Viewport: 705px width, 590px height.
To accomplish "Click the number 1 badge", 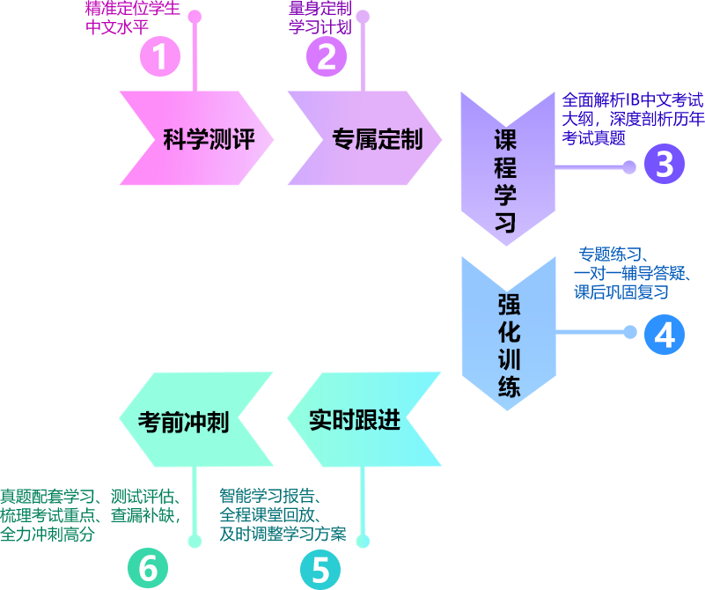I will coord(159,56).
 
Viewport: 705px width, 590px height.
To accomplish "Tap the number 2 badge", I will coord(326,56).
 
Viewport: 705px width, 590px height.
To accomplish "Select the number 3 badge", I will coord(665,164).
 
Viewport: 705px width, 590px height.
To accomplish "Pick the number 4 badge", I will coord(665,335).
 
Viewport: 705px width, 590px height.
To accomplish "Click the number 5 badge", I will coord(320,570).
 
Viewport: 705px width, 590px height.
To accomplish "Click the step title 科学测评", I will coord(209,140).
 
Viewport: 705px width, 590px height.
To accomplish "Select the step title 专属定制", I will coord(377,140).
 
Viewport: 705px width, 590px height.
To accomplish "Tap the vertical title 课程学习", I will coord(505,181).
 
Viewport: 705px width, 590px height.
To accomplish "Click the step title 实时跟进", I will coord(355,420).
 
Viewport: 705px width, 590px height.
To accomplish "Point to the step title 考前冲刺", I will coord(183,423).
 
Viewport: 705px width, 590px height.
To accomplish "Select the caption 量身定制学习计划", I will coord(319,17).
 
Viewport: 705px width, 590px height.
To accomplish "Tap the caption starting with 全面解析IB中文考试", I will coord(632,118).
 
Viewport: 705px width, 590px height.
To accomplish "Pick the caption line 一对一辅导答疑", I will coord(631,274).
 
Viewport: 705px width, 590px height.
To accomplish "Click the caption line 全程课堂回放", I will coord(271,515).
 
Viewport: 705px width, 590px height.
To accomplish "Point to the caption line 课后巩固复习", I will coord(622,292).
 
